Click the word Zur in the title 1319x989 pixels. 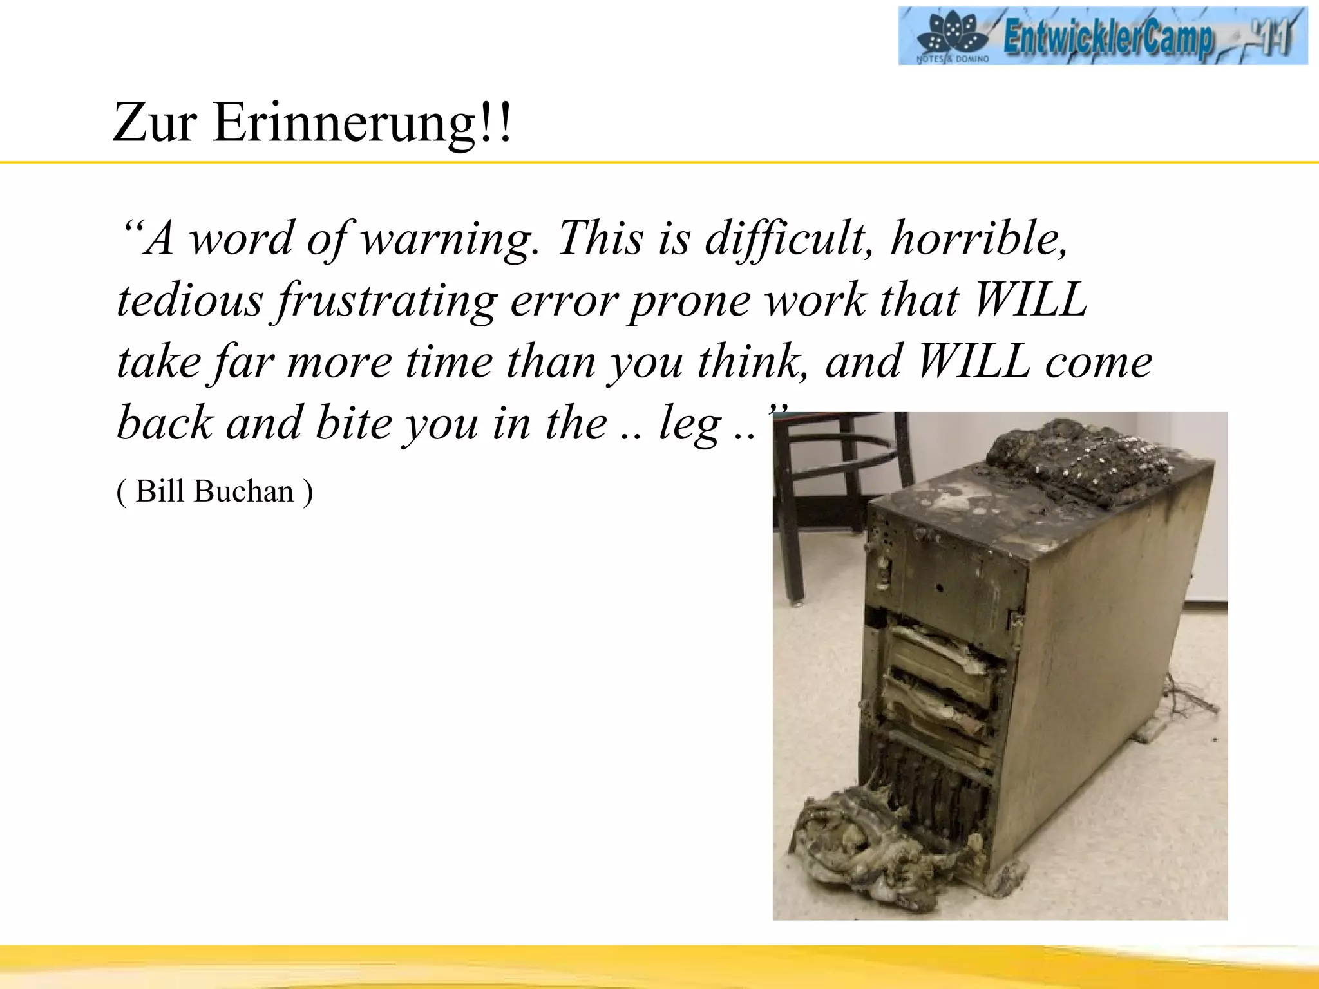point(155,122)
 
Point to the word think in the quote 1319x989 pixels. point(751,362)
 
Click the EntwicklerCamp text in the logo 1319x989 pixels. point(1108,37)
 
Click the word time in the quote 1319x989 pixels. point(448,362)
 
